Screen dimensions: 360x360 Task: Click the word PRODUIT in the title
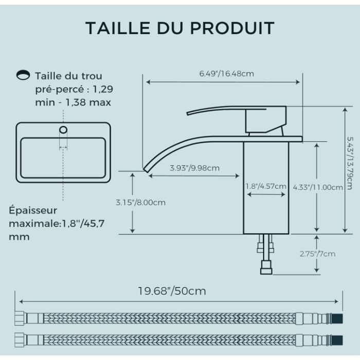[x=232, y=28]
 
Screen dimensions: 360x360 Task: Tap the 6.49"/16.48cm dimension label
[x=227, y=74]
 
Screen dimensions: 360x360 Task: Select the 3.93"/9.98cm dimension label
[x=195, y=168]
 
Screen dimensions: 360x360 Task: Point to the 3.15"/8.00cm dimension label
[x=140, y=203]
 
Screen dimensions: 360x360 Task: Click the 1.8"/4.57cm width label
[x=266, y=186]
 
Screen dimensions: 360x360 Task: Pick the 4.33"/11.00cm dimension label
[x=318, y=187]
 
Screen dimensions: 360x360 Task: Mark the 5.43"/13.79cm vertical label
[x=350, y=163]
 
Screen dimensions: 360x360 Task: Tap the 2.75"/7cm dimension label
[x=317, y=254]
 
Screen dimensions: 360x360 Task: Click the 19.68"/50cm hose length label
[x=172, y=291]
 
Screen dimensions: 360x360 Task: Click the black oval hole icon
[x=23, y=75]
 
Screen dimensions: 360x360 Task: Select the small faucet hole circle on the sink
[x=63, y=130]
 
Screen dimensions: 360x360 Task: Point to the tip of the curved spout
[x=145, y=170]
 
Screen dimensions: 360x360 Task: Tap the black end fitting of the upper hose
[x=337, y=319]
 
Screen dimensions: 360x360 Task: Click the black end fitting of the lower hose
[x=337, y=340]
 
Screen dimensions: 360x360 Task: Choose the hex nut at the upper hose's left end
[x=20, y=318]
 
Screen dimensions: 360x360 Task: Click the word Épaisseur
[x=33, y=210]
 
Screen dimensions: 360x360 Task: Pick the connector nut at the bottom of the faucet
[x=266, y=267]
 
